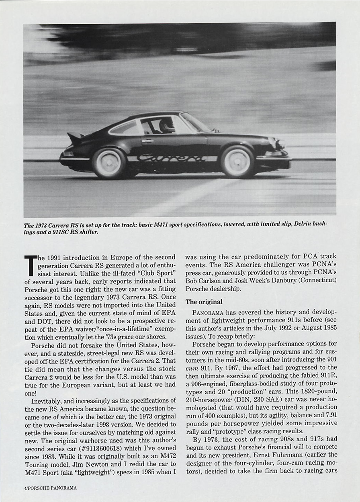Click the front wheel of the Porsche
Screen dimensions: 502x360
tap(237, 161)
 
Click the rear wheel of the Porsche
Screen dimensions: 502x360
tap(109, 163)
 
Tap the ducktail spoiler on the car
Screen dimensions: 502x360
tap(75, 138)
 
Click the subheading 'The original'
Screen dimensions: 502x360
tap(204, 302)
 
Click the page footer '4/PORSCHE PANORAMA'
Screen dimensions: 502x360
tap(50, 488)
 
